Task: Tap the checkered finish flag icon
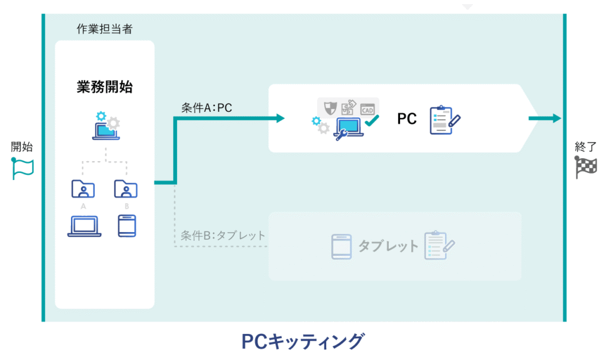(x=585, y=168)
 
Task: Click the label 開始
(x=22, y=147)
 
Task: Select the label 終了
(x=585, y=147)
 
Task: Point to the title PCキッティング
(x=302, y=342)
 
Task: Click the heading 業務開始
(x=105, y=87)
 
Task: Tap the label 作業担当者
(x=105, y=28)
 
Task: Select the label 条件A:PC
(x=207, y=108)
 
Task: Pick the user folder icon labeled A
(x=83, y=189)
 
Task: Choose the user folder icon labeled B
(x=126, y=189)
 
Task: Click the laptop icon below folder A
(x=84, y=226)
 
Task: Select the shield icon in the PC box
(x=330, y=108)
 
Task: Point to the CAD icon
(x=368, y=109)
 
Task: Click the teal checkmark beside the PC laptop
(x=371, y=122)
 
